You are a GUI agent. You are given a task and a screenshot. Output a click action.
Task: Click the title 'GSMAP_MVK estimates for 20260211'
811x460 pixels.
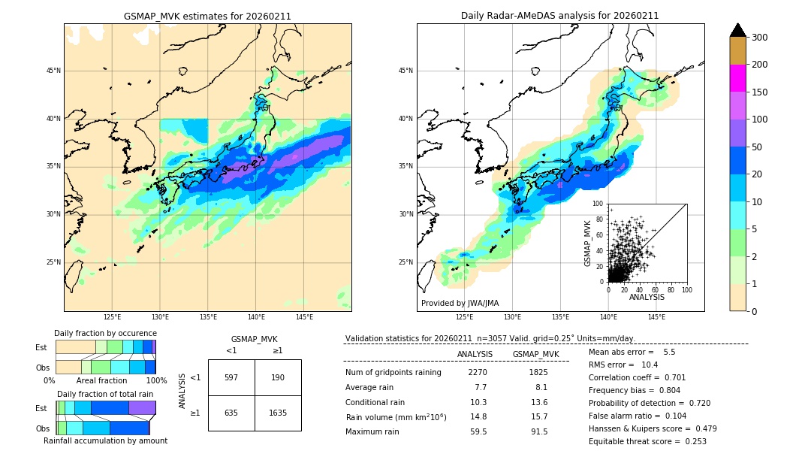[x=207, y=16]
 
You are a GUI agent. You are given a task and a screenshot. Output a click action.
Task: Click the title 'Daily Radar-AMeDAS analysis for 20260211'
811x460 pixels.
[x=560, y=16]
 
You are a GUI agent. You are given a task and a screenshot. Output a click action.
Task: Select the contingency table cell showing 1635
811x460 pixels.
[x=278, y=413]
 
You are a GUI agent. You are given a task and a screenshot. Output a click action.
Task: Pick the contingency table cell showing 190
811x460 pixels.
[x=278, y=377]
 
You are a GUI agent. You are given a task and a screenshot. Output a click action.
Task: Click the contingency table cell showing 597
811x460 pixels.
[x=231, y=377]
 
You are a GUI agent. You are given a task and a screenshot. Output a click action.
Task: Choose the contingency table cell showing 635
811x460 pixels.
[x=231, y=413]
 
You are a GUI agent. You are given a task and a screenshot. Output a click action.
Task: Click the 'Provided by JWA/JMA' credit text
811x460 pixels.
[x=460, y=303]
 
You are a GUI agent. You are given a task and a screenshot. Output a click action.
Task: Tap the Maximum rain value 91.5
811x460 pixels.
[x=539, y=431]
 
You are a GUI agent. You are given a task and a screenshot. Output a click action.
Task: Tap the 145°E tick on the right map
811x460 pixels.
[x=656, y=317]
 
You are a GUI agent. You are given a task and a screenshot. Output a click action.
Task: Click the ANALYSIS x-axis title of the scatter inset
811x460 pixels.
[x=647, y=297]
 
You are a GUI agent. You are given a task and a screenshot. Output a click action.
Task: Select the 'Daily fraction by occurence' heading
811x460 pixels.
[x=105, y=333]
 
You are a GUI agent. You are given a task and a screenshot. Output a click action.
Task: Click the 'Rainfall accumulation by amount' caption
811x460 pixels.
[x=105, y=440]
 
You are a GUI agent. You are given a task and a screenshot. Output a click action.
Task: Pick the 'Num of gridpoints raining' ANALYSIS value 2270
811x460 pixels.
[x=478, y=372]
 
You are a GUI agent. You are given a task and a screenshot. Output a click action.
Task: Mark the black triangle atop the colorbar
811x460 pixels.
[x=738, y=30]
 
